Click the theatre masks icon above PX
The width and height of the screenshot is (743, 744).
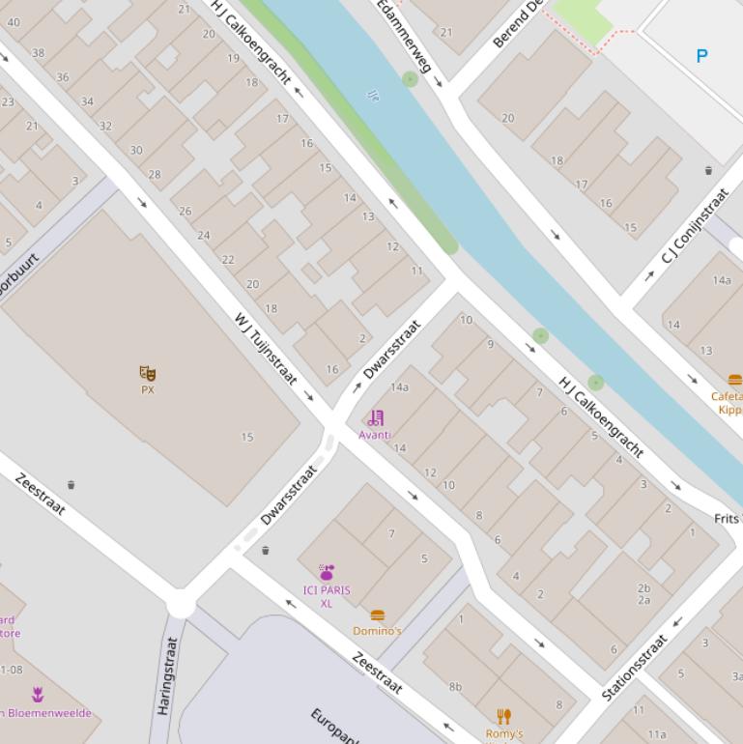pyautogui.click(x=148, y=373)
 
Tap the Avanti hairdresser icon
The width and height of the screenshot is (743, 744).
pyautogui.click(x=376, y=418)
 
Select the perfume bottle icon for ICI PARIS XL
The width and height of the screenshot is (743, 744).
pyautogui.click(x=327, y=573)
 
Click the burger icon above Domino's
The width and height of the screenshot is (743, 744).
pyautogui.click(x=378, y=615)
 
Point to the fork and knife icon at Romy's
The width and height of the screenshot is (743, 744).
pyautogui.click(x=503, y=716)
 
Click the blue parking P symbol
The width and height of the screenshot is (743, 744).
pyautogui.click(x=701, y=56)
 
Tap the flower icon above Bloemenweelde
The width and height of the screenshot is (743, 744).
pyautogui.click(x=38, y=694)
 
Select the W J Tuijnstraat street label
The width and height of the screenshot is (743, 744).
pyautogui.click(x=266, y=348)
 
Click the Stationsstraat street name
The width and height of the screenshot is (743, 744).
pyautogui.click(x=635, y=667)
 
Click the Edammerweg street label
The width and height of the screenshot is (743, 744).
pyautogui.click(x=405, y=35)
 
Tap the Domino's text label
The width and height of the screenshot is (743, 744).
pyautogui.click(x=377, y=631)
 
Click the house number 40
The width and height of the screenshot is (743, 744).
pyautogui.click(x=14, y=22)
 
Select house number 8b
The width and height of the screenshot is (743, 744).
pyautogui.click(x=455, y=687)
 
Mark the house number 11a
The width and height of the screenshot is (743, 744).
pyautogui.click(x=657, y=734)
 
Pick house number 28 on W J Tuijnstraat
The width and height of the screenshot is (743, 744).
pyautogui.click(x=155, y=174)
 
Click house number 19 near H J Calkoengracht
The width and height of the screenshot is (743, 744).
pyautogui.click(x=233, y=58)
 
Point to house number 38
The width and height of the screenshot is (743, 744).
pyautogui.click(x=38, y=53)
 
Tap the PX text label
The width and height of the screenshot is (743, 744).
pyautogui.click(x=148, y=390)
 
